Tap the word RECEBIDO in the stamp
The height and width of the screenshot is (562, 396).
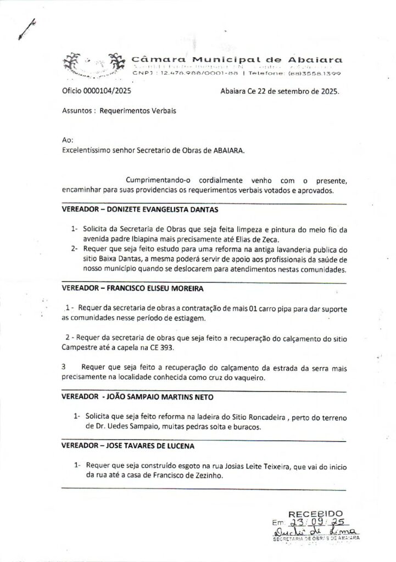[x=316, y=512]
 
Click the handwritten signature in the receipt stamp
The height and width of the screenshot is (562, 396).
[x=316, y=532]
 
